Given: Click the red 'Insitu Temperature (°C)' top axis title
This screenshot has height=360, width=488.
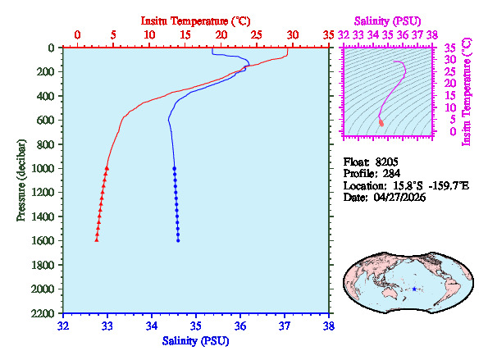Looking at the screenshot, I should (x=196, y=19).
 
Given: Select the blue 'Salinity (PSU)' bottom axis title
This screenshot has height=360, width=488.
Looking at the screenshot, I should (x=196, y=340).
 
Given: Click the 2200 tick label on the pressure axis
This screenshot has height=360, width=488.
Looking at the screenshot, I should (x=44, y=314).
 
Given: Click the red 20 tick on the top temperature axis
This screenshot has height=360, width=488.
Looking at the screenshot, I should (x=221, y=35).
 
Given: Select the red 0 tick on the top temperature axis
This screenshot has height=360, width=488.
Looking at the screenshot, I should (x=77, y=35).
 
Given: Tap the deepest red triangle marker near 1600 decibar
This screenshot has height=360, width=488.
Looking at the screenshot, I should (x=97, y=239).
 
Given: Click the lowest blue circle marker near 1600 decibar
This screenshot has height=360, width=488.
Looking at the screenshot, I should (x=178, y=240).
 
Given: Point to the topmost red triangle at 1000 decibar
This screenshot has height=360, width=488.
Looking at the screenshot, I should (x=107, y=167).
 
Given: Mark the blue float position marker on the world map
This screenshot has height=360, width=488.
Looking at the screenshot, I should (x=414, y=289).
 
